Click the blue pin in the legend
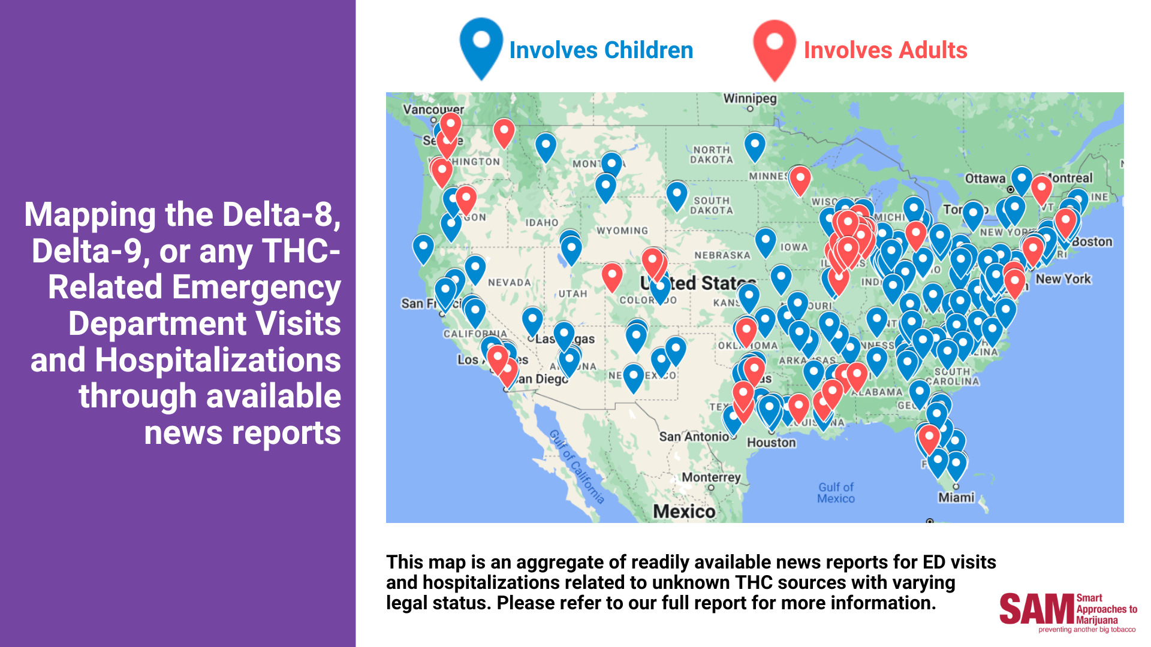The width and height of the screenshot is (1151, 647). click(481, 45)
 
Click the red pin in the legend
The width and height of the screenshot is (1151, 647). click(775, 47)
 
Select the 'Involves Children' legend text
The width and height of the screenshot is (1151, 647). click(601, 50)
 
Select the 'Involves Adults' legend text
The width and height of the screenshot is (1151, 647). click(885, 50)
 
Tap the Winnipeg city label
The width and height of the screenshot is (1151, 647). click(749, 99)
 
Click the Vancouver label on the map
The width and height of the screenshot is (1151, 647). click(433, 110)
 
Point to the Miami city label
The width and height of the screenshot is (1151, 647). click(956, 497)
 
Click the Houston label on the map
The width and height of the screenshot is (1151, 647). click(771, 443)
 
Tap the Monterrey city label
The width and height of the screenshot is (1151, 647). click(711, 477)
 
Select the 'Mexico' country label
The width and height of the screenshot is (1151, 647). click(683, 511)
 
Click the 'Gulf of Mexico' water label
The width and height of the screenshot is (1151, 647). click(836, 492)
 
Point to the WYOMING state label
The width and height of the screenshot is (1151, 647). click(622, 231)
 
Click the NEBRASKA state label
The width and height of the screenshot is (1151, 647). click(722, 255)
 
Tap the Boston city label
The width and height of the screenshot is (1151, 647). click(1092, 242)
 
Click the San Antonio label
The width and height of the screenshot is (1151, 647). click(694, 437)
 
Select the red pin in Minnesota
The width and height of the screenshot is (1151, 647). click(800, 178)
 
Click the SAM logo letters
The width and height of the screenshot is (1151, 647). click(1036, 609)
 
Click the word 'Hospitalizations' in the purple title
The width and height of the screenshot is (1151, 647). click(217, 361)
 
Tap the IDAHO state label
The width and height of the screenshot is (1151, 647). click(541, 223)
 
